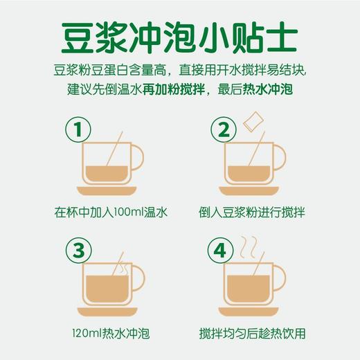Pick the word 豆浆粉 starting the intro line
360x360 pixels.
tap(74, 71)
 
